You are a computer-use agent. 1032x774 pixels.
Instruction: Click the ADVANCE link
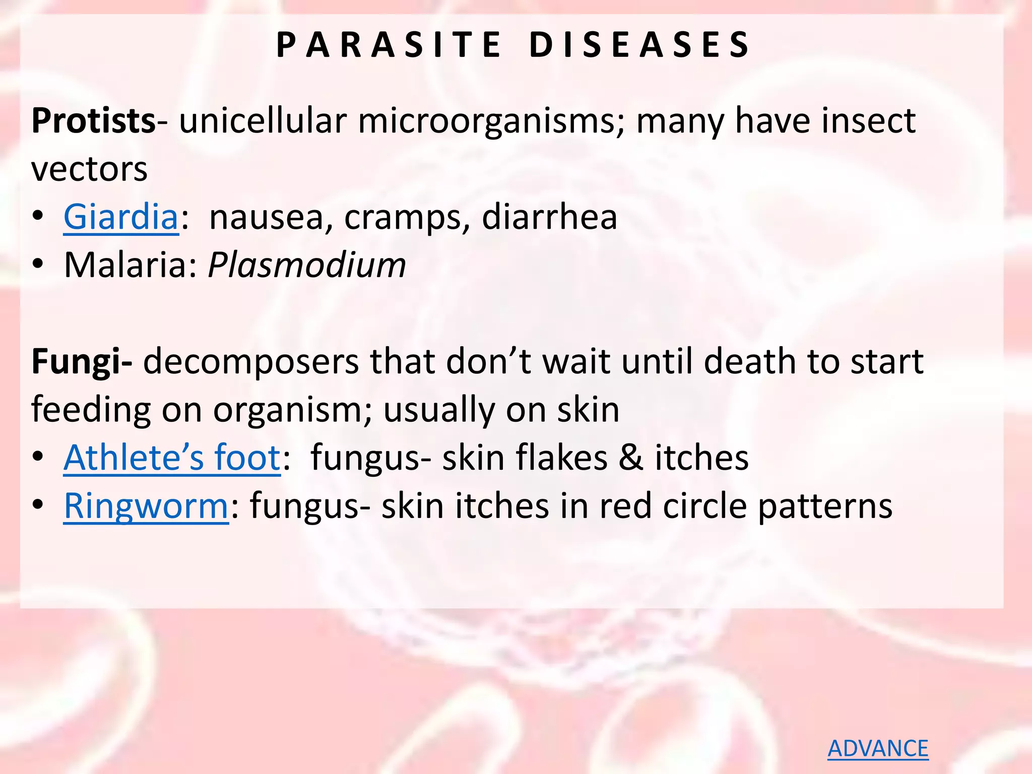click(x=878, y=748)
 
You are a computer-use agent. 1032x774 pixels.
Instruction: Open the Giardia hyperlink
click(x=121, y=217)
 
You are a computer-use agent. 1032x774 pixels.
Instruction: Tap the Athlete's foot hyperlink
click(x=172, y=458)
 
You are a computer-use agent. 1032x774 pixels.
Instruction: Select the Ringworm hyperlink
click(x=146, y=505)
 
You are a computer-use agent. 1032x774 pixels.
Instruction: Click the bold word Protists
click(x=93, y=121)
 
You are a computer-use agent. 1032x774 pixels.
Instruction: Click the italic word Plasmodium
click(x=307, y=265)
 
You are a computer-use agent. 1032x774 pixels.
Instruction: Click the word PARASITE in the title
click(x=389, y=45)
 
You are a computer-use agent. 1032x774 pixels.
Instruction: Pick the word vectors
click(x=90, y=169)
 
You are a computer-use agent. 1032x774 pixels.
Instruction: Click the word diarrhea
click(x=549, y=217)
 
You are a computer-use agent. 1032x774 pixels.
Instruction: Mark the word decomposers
click(x=250, y=361)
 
